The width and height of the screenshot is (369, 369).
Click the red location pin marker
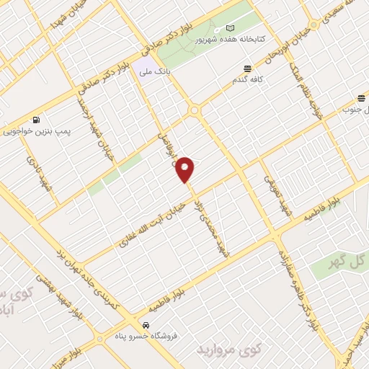click(x=185, y=169)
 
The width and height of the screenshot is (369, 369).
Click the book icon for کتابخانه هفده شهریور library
click(x=230, y=27)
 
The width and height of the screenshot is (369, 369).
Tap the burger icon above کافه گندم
click(x=247, y=68)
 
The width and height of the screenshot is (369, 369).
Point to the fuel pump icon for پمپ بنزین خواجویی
click(x=35, y=120)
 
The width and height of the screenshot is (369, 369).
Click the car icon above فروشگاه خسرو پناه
click(x=146, y=325)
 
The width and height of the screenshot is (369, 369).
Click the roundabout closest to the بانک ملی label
click(x=194, y=110)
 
